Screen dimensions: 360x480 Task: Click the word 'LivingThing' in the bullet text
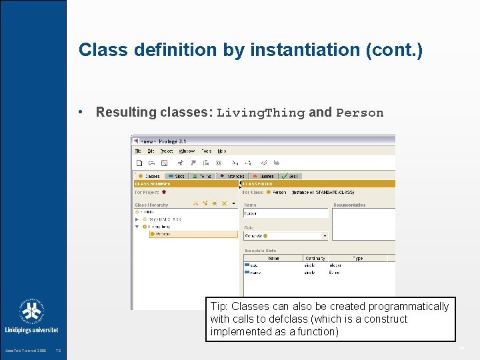[261, 113]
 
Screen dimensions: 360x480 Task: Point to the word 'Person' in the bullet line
[359, 113]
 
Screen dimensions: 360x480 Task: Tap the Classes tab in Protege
[150, 176]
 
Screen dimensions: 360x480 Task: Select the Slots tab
[177, 176]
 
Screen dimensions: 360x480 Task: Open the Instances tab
[233, 176]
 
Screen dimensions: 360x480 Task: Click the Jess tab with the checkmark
[290, 176]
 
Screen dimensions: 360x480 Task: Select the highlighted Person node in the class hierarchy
[163, 234]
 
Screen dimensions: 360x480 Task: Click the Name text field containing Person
[286, 213]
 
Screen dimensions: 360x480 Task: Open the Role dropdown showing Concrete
[286, 235]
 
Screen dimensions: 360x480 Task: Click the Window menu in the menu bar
[187, 151]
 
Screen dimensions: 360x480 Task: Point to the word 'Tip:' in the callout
[220, 307]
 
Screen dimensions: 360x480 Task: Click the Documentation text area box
[364, 224]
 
